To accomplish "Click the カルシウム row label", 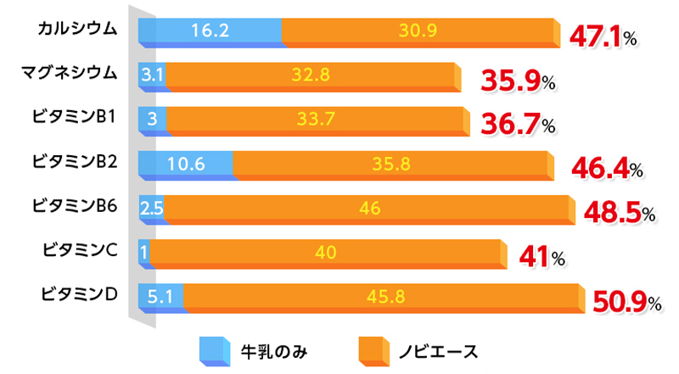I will point(77,30).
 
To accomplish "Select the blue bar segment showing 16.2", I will point(210,31).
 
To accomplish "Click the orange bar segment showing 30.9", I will point(417,31).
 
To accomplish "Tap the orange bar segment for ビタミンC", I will point(325,252).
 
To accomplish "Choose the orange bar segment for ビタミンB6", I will point(368,208).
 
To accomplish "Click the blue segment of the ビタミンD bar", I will point(160,297).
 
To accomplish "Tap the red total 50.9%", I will point(623,301).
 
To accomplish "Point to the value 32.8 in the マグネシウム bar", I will point(310,75).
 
